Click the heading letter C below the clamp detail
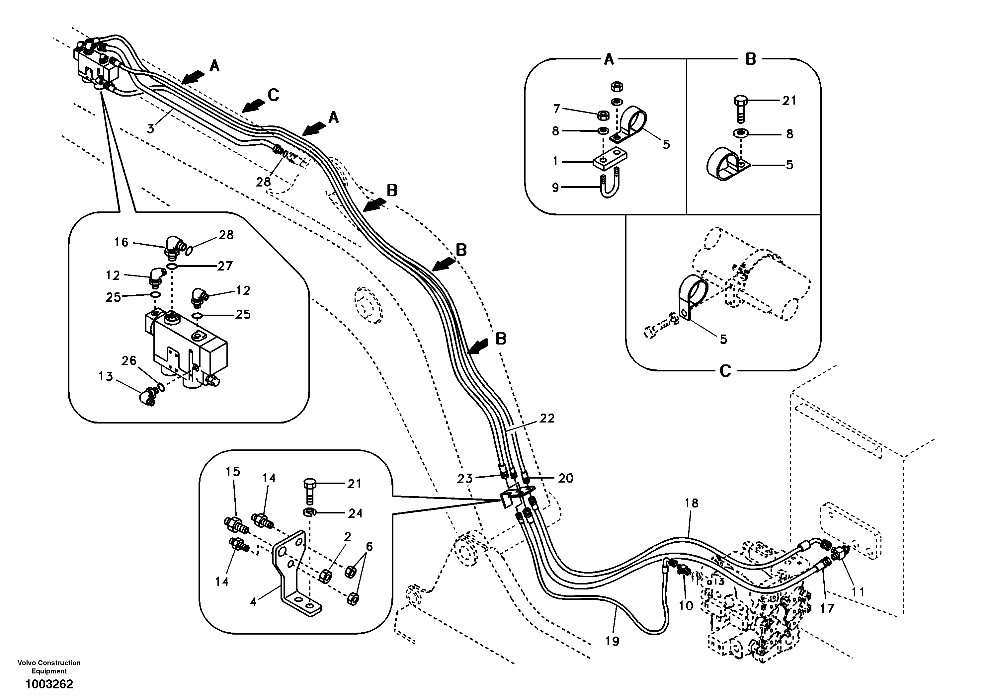click(725, 370)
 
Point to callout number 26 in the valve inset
click(129, 360)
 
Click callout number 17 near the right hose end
click(827, 608)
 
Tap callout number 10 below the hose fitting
click(686, 605)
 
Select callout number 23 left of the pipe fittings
click(465, 478)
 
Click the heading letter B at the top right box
click(751, 59)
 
